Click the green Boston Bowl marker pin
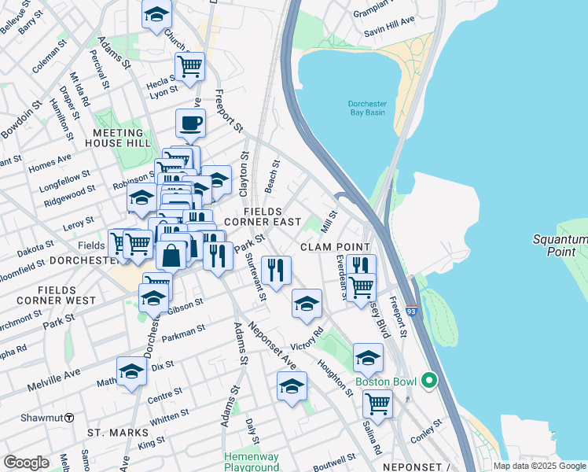point(428,382)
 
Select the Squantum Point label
point(559,245)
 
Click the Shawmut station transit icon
point(69,416)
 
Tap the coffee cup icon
point(191,123)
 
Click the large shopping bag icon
point(171,255)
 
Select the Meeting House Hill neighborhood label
point(119,138)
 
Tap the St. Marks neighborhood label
point(118,433)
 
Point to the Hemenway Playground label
point(252,461)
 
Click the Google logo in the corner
point(26,463)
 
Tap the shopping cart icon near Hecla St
point(189,66)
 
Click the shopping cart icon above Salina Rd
point(377,404)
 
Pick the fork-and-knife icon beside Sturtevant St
point(277,269)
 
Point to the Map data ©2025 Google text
point(540,466)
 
